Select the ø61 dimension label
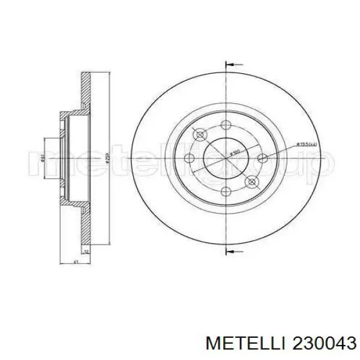point(42,159)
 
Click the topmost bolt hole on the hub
point(226,125)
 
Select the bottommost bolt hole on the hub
point(226,193)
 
